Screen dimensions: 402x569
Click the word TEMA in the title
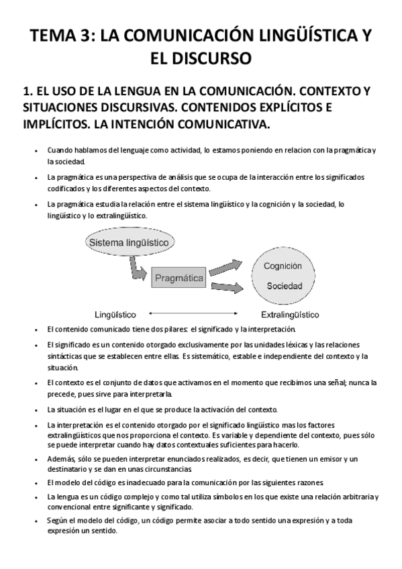[x=54, y=36]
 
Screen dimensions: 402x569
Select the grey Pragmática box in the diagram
[x=179, y=276]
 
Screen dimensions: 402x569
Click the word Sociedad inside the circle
[x=285, y=286]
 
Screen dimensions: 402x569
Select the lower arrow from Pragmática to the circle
[x=226, y=288]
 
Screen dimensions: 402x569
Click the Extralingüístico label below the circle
[x=289, y=314]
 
